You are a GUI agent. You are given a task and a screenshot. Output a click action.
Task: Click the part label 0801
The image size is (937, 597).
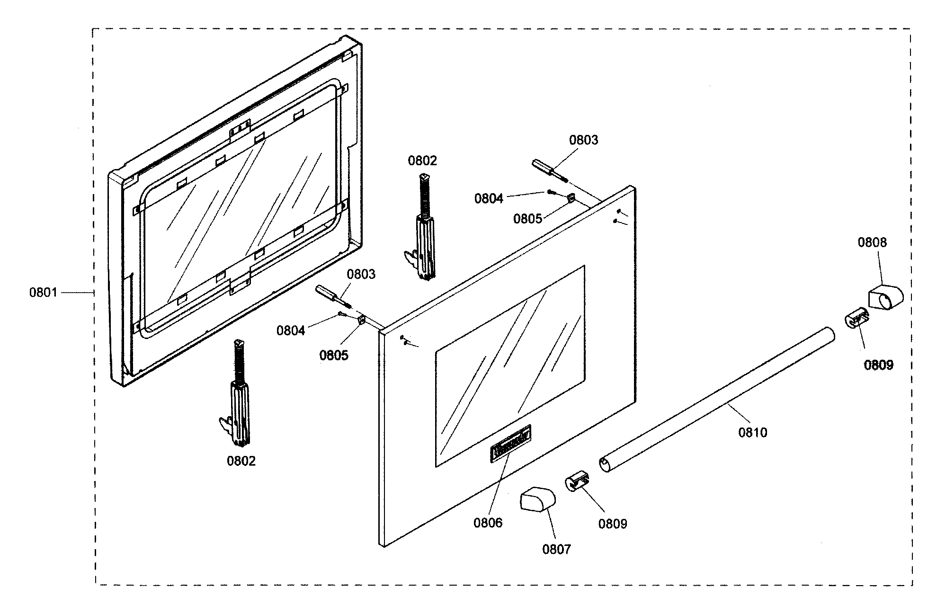click(x=43, y=293)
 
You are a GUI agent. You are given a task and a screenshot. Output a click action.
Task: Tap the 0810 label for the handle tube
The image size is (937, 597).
click(x=752, y=432)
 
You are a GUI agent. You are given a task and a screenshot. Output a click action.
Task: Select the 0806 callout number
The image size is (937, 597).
click(x=488, y=523)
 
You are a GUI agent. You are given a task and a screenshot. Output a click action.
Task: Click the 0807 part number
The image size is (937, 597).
click(x=556, y=549)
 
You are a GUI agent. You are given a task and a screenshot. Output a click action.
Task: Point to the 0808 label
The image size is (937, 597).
click(x=872, y=242)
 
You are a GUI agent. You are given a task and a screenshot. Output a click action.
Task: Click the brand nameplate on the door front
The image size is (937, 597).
click(x=510, y=441)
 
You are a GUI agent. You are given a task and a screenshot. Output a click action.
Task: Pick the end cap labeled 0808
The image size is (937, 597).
click(x=885, y=297)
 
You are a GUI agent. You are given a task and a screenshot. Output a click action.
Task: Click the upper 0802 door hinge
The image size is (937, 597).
click(x=424, y=232)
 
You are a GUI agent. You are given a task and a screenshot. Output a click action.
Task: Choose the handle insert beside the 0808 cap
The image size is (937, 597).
click(x=856, y=318)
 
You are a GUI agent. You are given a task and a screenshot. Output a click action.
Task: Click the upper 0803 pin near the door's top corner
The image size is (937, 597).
click(x=549, y=170)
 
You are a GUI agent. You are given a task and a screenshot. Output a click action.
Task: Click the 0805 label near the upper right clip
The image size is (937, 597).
click(x=527, y=219)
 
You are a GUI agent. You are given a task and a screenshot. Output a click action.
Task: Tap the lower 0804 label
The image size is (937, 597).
click(x=291, y=330)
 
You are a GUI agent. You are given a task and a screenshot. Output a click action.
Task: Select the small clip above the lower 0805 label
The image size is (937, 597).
click(x=361, y=321)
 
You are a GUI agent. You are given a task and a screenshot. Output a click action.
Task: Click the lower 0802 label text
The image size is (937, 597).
click(x=241, y=461)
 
